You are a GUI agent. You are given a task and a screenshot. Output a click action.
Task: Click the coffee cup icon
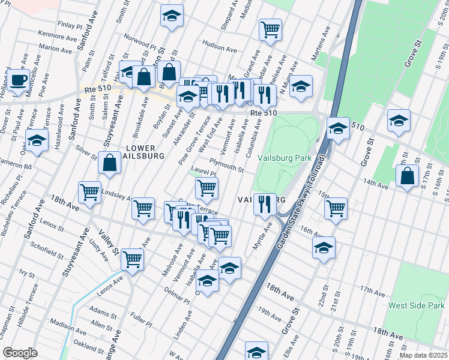coord(18,80)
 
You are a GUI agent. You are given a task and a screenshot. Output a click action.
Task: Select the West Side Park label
coord(416,305)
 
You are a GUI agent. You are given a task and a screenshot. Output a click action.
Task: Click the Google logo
coord(20,352)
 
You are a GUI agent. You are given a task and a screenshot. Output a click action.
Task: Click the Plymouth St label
coord(226,165)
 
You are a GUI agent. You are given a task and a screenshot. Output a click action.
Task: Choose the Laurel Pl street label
coord(203,173)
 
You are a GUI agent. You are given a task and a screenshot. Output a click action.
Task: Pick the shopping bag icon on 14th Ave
coord(408,176)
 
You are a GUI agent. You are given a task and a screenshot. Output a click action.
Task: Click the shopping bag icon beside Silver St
coord(110,163)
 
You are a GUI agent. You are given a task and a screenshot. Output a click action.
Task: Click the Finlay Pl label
coord(70,26)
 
